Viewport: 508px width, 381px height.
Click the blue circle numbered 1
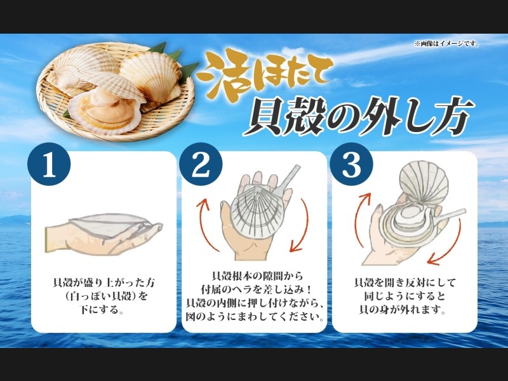click(49, 164)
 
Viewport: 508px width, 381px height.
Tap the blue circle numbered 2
click(201, 164)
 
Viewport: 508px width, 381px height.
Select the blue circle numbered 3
click(352, 164)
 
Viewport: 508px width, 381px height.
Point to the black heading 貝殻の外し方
click(359, 116)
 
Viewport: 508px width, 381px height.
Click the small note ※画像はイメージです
click(446, 44)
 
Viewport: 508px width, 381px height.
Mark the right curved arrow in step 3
click(449, 244)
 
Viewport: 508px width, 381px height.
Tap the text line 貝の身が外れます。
click(403, 310)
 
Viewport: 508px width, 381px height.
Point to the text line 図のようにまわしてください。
click(255, 316)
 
